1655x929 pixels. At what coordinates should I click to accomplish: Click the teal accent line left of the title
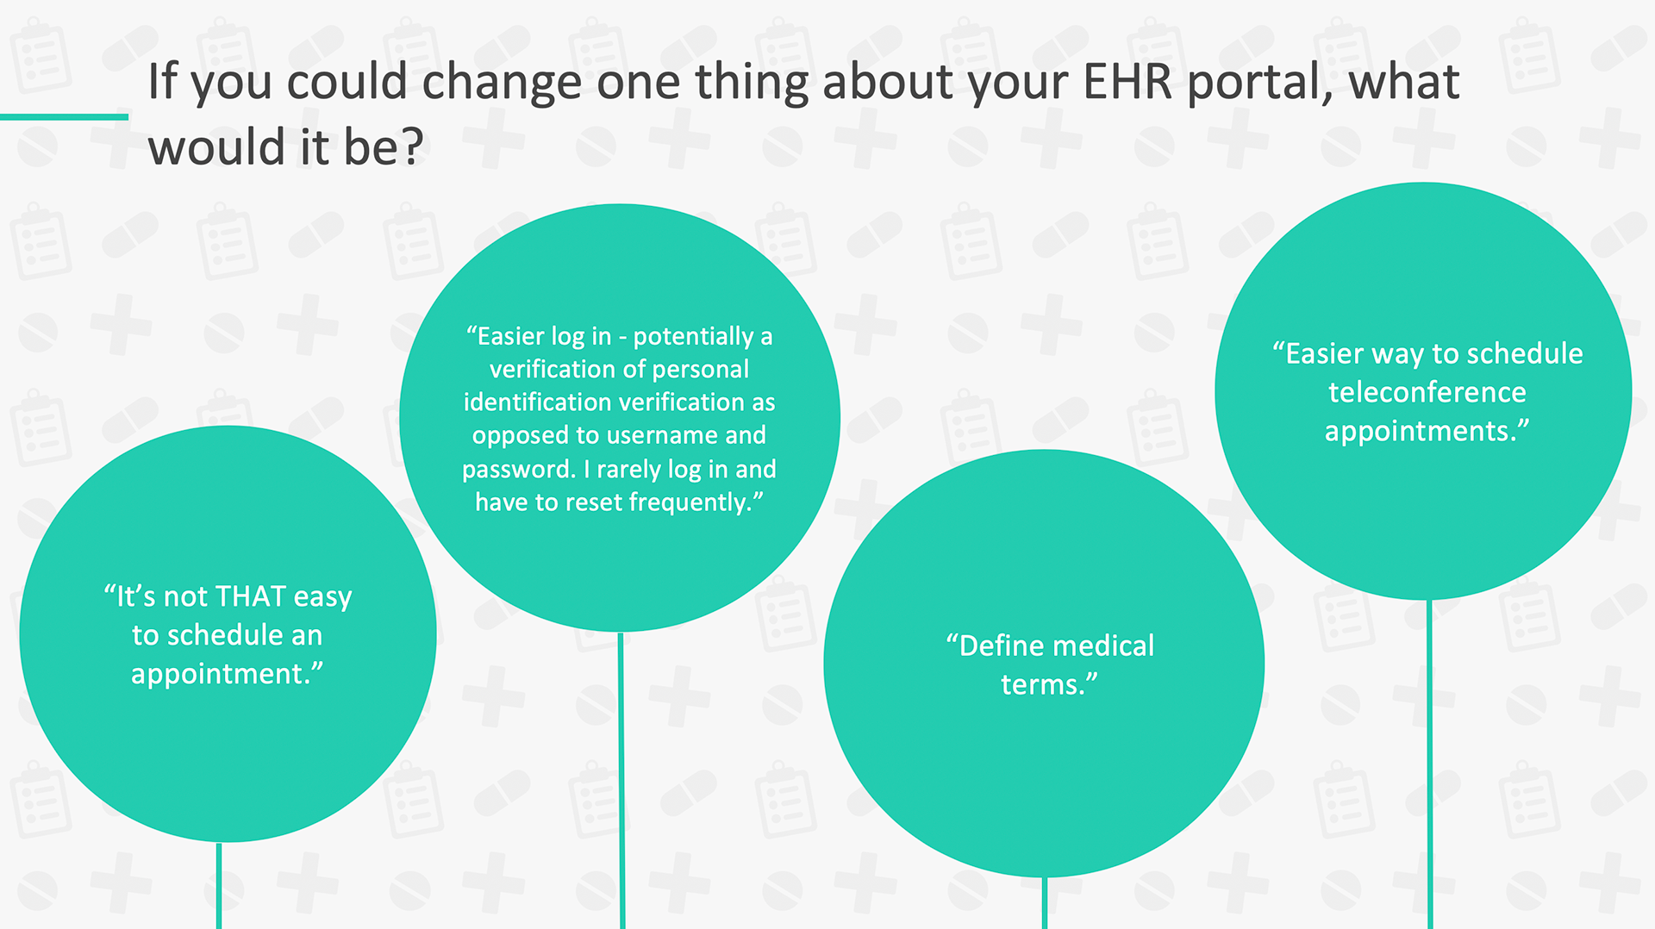[x=64, y=116]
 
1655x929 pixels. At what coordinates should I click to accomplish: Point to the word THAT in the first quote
[x=250, y=596]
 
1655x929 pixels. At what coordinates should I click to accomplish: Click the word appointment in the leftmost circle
[x=220, y=674]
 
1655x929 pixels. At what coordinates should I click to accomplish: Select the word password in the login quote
[x=516, y=470]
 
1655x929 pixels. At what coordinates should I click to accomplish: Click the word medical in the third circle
[x=1103, y=645]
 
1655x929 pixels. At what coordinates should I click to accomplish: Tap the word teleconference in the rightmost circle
[x=1427, y=392]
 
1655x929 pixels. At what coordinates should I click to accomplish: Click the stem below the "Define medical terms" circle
[x=1044, y=902]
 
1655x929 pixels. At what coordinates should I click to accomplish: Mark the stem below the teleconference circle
[x=1430, y=764]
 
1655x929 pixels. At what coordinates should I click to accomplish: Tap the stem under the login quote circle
[x=621, y=780]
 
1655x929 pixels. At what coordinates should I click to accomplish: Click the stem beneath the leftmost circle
[x=219, y=885]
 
